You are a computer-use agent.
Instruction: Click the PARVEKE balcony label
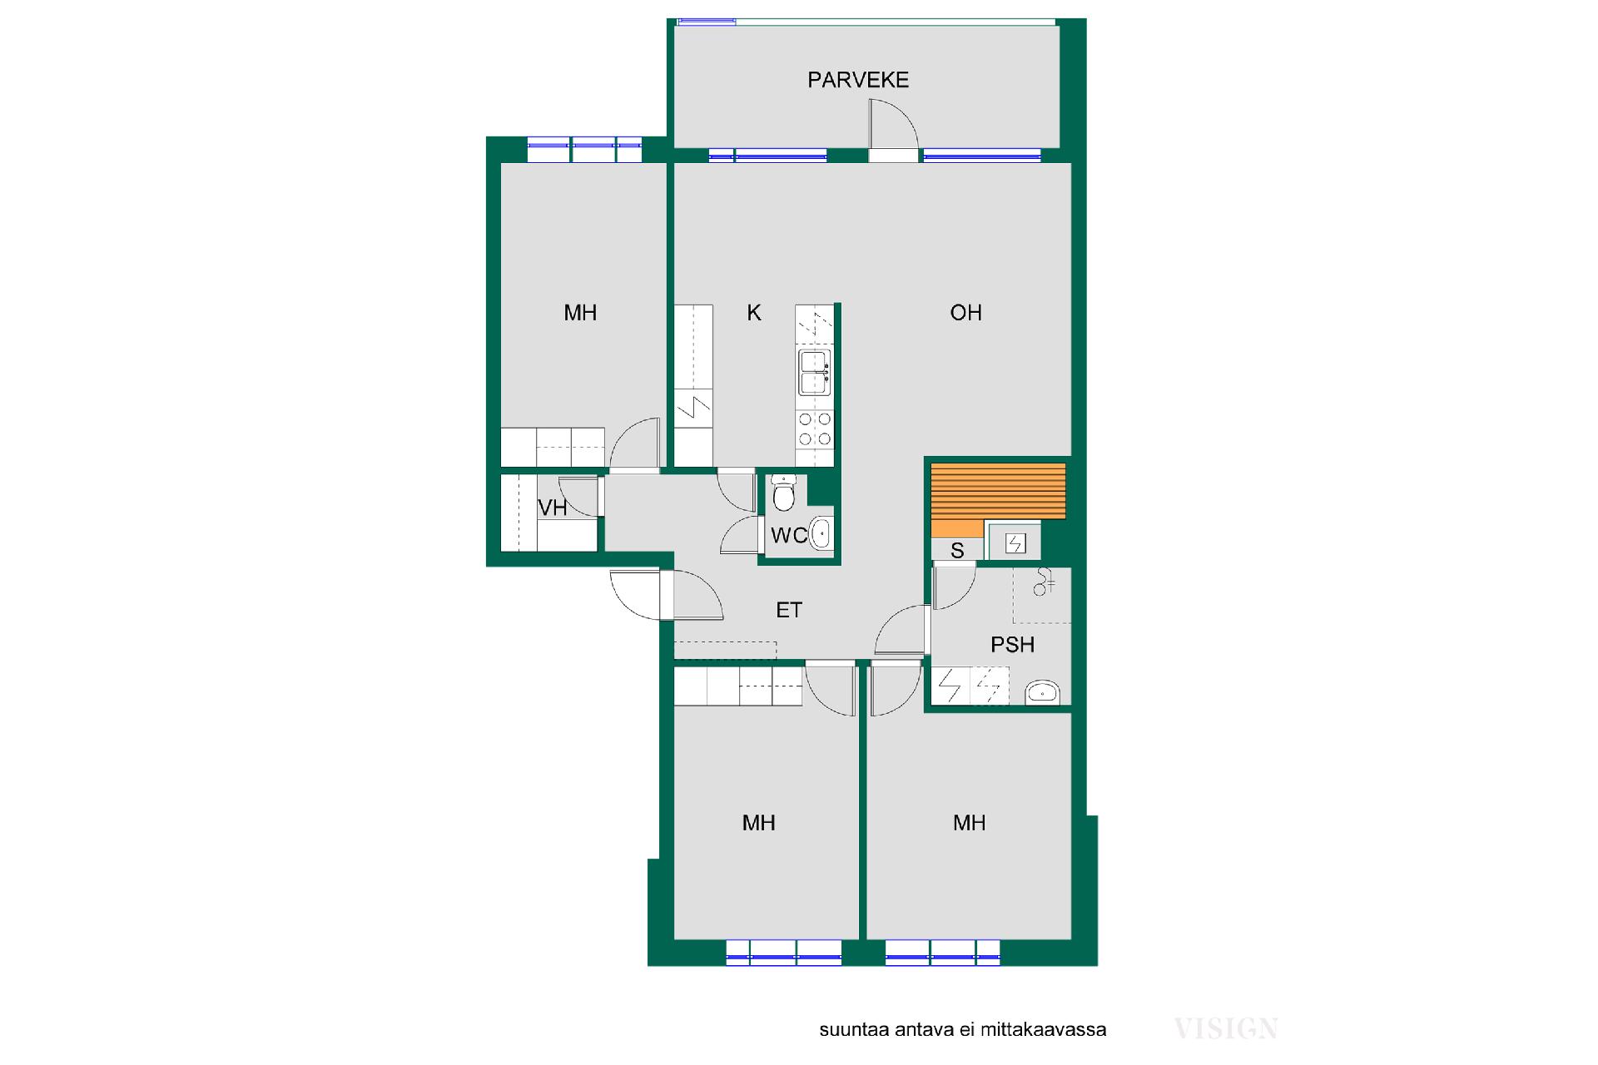pos(858,80)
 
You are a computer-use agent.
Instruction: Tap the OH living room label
pos(965,313)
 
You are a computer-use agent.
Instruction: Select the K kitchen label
pos(754,313)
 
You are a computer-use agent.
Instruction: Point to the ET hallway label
pos(789,611)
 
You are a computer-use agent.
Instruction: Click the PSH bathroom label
pos(1013,645)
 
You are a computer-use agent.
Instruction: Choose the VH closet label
pos(553,508)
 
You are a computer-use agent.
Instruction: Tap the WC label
pos(788,536)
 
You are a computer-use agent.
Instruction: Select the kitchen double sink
pos(815,372)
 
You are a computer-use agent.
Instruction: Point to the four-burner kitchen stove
pos(815,430)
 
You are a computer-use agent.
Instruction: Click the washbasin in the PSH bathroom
pos(1042,691)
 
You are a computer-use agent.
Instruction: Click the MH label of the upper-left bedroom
pos(580,313)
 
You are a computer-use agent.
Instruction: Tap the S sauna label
pos(957,551)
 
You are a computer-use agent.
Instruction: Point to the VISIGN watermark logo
pos(1226,1028)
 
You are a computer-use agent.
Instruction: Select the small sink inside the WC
pos(821,533)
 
